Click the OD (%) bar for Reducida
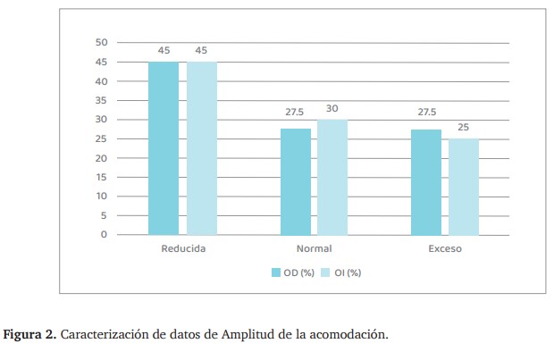pos(163,148)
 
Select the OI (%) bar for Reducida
pos(201,148)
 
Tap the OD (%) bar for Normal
pos(296,181)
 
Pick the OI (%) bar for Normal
pos(332,177)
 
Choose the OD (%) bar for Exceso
pos(426,181)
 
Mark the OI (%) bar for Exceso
pos(463,186)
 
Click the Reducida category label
pos(183,248)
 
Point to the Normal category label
pos(314,248)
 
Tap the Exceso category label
pos(445,248)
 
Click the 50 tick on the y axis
pos(101,43)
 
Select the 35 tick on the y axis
pos(101,100)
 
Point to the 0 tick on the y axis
pos(104,234)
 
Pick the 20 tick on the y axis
pos(101,158)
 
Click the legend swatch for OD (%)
pos(276,272)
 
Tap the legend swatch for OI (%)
pos(326,272)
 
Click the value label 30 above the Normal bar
pos(332,108)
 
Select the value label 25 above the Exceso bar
pos(463,128)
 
